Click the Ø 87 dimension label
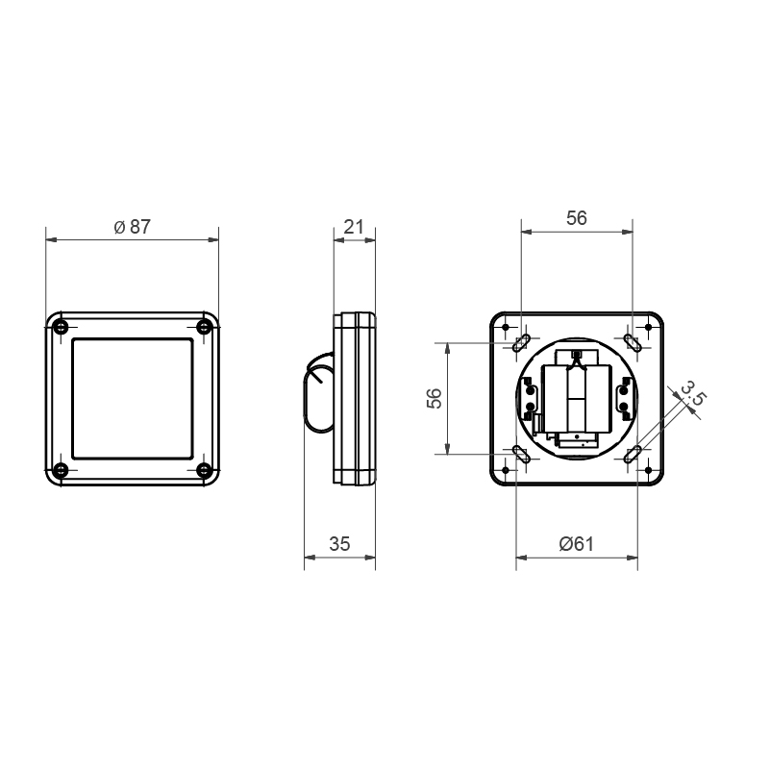pos(132,226)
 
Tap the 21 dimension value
pos(354,226)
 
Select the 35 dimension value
pos(339,544)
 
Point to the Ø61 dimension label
pos(577,544)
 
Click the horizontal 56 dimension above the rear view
pos(577,218)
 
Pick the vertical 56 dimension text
pos(435,398)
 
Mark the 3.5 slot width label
pos(694,393)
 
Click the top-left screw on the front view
pos(61,327)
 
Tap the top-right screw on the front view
pos(203,327)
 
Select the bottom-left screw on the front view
pos(61,470)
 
